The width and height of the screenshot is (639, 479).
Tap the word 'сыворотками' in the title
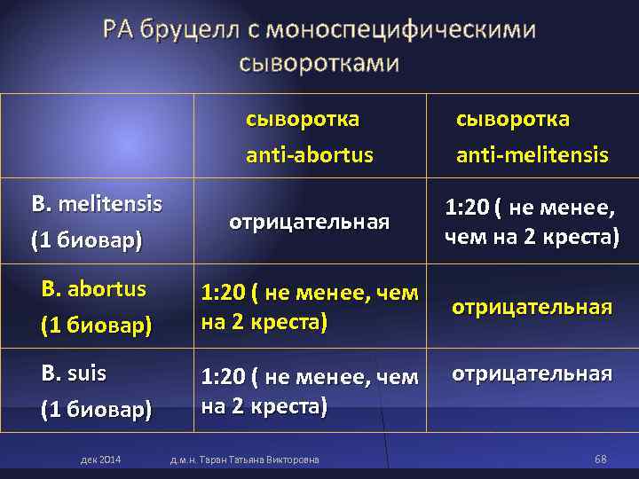[319, 64]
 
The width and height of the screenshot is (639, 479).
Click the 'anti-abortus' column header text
[310, 155]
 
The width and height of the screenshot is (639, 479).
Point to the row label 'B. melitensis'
[97, 204]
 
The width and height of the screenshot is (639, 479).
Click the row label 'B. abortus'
[94, 289]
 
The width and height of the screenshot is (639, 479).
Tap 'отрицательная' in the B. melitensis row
[309, 222]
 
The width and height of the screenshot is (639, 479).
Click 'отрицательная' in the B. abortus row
[532, 307]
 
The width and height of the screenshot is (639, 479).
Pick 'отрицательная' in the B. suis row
[532, 373]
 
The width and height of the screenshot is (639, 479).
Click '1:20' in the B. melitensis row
[467, 208]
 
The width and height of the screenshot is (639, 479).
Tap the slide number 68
[601, 459]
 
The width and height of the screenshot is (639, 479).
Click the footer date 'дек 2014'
[101, 459]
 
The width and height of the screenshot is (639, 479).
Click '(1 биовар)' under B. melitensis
[86, 239]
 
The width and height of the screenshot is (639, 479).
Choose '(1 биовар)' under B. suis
[97, 411]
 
